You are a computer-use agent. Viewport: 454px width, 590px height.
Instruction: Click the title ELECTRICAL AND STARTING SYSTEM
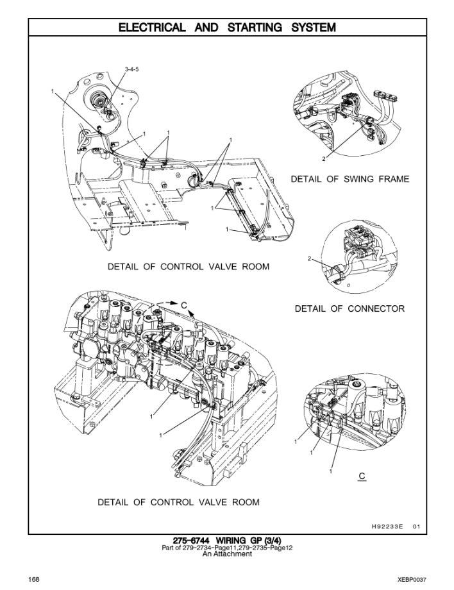tap(228, 28)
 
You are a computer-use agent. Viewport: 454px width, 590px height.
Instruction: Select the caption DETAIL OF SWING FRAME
tap(349, 179)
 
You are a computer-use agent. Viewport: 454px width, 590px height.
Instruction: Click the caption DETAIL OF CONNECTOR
tap(349, 308)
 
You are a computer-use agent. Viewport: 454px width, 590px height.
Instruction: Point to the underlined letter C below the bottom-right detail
tap(362, 476)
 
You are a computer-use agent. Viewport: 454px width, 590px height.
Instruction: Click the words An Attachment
tap(227, 554)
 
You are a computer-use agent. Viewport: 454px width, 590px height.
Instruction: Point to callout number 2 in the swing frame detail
tap(323, 158)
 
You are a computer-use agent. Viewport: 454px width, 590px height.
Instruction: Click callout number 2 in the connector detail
tap(309, 259)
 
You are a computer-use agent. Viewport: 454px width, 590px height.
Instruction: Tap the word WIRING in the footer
tap(233, 541)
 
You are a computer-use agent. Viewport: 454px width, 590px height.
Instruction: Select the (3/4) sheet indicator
tap(269, 541)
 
